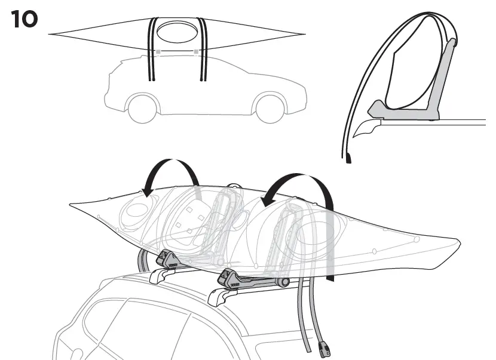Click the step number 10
(x=25, y=20)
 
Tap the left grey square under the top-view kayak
(x=158, y=53)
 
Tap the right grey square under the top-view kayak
(x=196, y=53)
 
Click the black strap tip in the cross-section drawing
(x=349, y=158)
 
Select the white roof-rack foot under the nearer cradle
(x=222, y=296)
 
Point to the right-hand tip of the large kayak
(x=458, y=242)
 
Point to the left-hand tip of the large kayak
(x=71, y=205)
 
